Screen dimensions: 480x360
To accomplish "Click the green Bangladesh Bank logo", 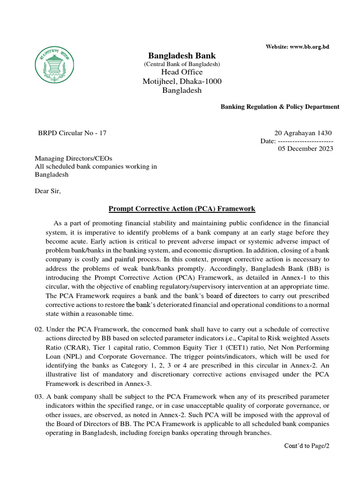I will pos(55,65).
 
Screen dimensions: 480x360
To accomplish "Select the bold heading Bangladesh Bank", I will pos(182,56).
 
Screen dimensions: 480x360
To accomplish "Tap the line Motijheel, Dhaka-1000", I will pos(182,81).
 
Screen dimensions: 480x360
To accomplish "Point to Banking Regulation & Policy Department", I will pos(280,107).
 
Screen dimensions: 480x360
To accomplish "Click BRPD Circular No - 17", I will pos(72,133).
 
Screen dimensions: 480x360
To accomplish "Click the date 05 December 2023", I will pos(306,149).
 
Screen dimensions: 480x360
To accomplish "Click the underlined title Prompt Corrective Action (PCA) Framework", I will pos(182,209).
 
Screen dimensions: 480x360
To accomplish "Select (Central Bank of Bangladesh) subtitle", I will pos(182,64).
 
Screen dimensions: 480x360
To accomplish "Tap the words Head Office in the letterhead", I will pos(182,72).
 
